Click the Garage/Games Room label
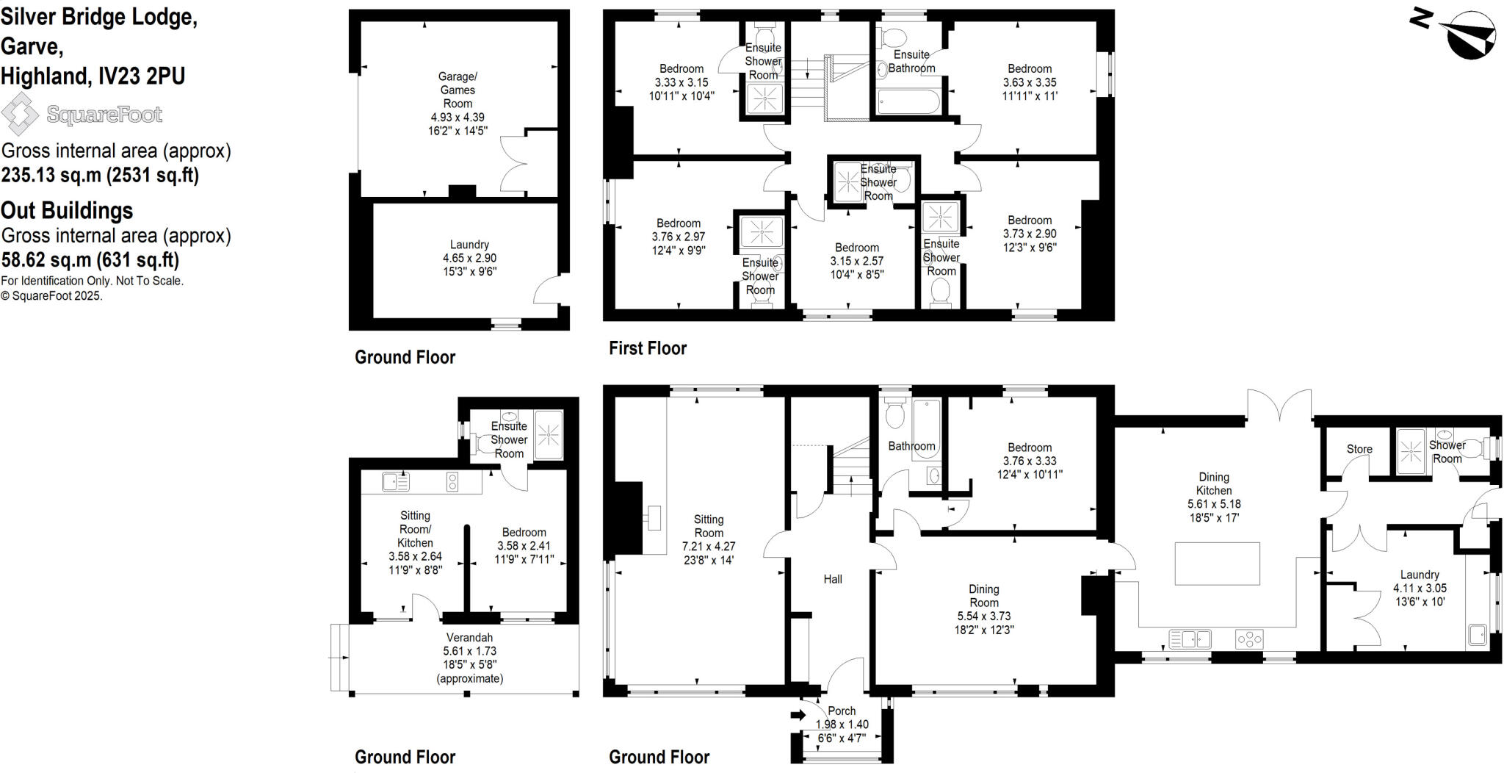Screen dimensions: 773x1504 458,90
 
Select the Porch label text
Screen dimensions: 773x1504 842,711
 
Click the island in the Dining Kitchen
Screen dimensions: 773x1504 1217,564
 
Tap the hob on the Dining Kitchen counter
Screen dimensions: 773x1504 1249,639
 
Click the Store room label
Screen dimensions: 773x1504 1359,449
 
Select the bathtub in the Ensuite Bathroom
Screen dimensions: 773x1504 908,102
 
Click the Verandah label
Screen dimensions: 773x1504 469,638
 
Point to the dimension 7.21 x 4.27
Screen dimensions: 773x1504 709,547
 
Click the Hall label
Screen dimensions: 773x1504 833,579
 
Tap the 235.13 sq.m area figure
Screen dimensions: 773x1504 51,175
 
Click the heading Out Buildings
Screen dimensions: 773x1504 67,211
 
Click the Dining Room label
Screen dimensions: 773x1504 983,595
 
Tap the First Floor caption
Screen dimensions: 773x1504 647,348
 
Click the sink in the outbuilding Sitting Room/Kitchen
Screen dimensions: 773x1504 396,482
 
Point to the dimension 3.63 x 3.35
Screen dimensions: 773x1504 1030,82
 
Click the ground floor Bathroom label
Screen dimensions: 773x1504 911,446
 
